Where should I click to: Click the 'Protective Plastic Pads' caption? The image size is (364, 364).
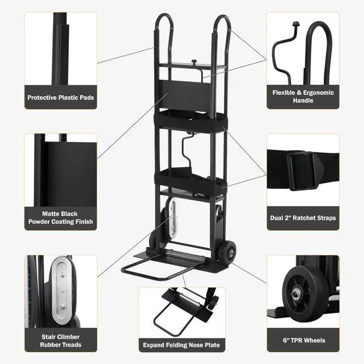(61, 97)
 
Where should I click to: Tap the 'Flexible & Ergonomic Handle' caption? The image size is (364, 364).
(303, 97)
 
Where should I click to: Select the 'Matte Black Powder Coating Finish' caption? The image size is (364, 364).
(61, 217)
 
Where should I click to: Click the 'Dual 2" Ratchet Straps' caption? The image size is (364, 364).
(303, 217)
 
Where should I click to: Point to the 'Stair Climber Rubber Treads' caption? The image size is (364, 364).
(61, 340)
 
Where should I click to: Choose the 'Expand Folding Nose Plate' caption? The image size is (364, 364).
(182, 345)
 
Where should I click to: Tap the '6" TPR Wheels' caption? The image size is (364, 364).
(303, 340)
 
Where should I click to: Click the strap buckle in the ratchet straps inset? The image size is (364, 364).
(301, 169)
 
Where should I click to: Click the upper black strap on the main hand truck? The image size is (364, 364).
(189, 119)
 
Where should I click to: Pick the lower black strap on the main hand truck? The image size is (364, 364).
(191, 181)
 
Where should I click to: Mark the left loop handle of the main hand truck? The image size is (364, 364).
(164, 34)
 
